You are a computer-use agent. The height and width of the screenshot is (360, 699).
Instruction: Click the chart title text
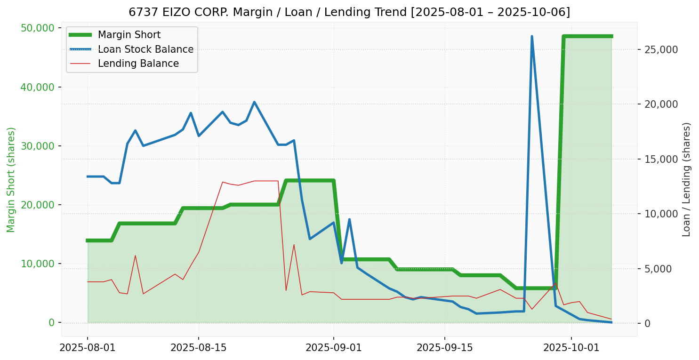[349, 12]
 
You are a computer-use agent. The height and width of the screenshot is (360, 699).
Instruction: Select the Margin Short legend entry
[129, 35]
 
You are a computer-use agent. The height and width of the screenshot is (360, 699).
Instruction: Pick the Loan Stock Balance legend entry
[145, 49]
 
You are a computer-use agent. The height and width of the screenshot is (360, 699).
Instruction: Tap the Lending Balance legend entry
[138, 64]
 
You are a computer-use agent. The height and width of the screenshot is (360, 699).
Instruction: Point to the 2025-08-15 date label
[198, 348]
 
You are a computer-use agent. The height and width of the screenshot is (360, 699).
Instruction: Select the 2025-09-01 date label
[333, 348]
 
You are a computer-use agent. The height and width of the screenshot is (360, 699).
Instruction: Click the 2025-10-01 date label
[571, 348]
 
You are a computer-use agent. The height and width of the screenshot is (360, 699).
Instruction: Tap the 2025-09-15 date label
[444, 348]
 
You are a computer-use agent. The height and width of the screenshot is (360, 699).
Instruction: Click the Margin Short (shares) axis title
[11, 180]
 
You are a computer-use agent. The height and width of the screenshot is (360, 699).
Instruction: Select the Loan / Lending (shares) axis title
[687, 180]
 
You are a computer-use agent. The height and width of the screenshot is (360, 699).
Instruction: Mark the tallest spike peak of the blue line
[532, 36]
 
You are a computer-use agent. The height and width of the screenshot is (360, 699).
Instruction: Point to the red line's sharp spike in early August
[135, 256]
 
